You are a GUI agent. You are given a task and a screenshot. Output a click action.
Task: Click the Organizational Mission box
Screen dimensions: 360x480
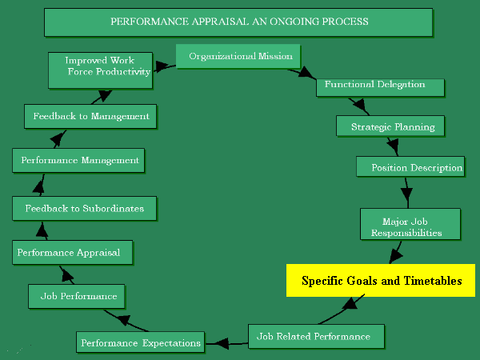pyautogui.click(x=238, y=57)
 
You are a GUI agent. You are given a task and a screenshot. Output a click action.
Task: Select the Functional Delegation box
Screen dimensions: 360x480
pyautogui.click(x=374, y=85)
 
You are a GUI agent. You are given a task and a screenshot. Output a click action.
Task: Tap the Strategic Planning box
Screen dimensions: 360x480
pyautogui.click(x=393, y=126)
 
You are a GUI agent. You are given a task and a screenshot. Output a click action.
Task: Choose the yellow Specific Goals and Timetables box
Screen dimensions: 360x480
pyautogui.click(x=381, y=281)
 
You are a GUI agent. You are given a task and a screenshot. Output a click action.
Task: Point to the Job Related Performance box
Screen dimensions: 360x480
pyautogui.click(x=316, y=336)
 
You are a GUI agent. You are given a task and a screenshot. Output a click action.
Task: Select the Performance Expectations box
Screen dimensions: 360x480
pyautogui.click(x=140, y=342)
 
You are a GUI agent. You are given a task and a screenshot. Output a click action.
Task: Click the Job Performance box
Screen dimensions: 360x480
pyautogui.click(x=78, y=296)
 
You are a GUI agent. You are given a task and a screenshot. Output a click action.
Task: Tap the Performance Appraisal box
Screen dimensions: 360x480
pyautogui.click(x=72, y=253)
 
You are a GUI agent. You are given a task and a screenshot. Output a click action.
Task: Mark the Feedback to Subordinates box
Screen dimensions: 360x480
pyautogui.click(x=84, y=208)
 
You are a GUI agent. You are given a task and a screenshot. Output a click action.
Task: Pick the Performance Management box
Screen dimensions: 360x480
pyautogui.click(x=79, y=160)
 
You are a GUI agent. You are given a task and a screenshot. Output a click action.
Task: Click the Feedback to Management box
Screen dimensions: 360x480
pyautogui.click(x=90, y=116)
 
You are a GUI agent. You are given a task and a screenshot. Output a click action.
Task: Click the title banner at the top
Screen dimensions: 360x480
pyautogui.click(x=239, y=22)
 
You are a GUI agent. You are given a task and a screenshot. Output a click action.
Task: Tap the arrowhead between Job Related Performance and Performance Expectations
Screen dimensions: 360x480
pyautogui.click(x=217, y=342)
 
